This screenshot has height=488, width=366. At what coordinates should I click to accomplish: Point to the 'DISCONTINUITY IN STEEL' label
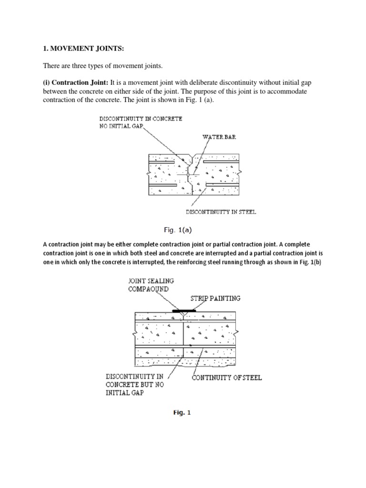tap(221, 212)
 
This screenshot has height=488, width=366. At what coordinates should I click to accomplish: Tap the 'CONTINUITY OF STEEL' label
tap(226, 378)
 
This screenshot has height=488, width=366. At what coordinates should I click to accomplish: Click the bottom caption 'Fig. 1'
tap(182, 413)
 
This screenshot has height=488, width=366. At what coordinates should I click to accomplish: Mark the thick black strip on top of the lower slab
tap(183, 310)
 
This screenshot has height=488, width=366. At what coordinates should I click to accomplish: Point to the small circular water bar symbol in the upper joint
tap(189, 175)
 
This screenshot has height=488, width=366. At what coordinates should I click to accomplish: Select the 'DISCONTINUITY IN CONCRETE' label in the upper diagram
tap(141, 118)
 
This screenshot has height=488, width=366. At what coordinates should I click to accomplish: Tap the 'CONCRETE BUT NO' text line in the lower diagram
tap(134, 385)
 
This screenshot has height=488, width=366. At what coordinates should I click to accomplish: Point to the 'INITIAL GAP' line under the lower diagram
tap(125, 393)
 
